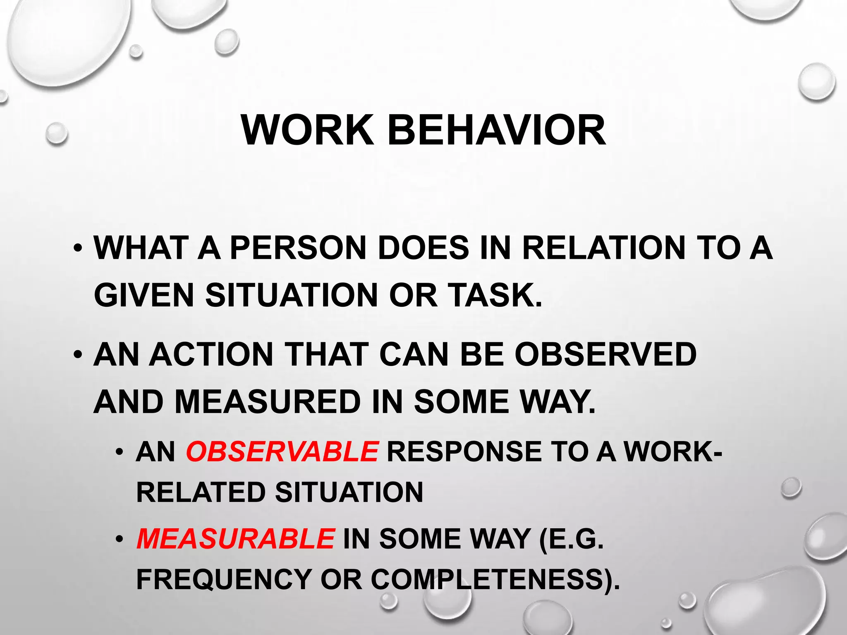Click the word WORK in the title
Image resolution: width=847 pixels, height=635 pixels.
(x=307, y=130)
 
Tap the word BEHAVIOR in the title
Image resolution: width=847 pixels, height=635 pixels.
(x=497, y=130)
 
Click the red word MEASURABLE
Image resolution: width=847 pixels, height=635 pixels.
(x=235, y=539)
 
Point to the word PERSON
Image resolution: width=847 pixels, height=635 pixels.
(x=298, y=248)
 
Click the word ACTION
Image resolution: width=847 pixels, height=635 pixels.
(x=211, y=354)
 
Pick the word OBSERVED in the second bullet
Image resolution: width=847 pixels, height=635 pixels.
(x=605, y=354)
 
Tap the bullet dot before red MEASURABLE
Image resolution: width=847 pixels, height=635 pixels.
(x=120, y=539)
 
